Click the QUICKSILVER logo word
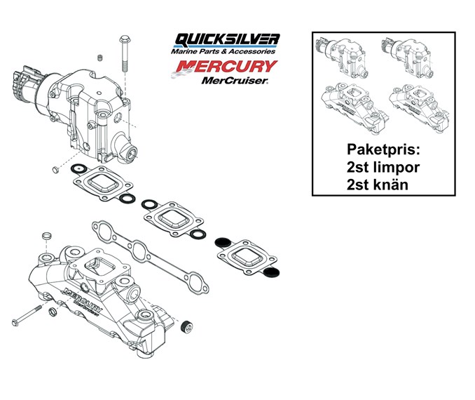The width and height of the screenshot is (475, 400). click(x=227, y=40)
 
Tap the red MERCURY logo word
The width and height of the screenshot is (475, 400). click(x=226, y=67)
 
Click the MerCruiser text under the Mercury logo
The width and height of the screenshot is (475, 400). click(x=235, y=80)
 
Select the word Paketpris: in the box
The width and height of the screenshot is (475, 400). click(x=383, y=149)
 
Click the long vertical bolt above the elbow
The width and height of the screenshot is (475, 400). click(x=125, y=53)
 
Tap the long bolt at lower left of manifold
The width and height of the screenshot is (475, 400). click(x=27, y=316)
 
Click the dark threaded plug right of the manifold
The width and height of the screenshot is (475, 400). click(x=186, y=326)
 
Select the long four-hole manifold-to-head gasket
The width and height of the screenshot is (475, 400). click(x=150, y=257)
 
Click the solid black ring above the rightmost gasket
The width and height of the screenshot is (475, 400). click(x=223, y=242)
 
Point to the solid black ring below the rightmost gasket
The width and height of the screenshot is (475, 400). click(x=272, y=272)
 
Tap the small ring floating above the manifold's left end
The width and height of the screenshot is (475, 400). click(x=46, y=235)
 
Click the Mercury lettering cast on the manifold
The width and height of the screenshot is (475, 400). click(x=83, y=301)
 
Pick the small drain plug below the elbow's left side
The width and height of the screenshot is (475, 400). click(x=55, y=170)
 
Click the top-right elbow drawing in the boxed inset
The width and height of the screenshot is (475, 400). click(x=407, y=58)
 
